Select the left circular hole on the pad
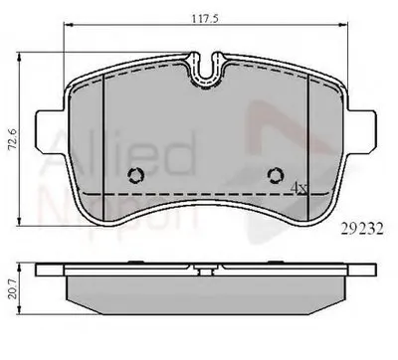tap(137, 176)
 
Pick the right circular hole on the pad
tap(277, 176)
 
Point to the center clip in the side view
tap(207, 268)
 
